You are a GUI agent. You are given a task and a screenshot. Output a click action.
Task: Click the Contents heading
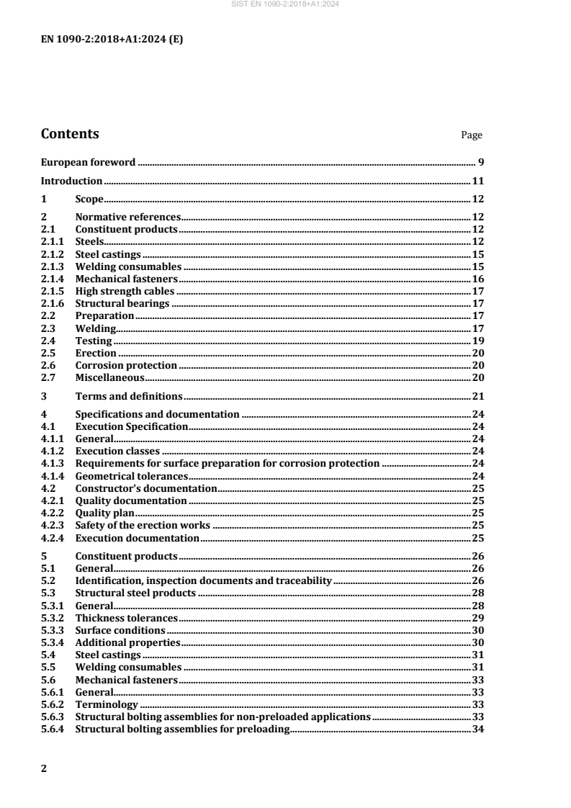[x=70, y=134]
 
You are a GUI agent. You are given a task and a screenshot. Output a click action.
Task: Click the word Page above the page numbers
[x=472, y=135]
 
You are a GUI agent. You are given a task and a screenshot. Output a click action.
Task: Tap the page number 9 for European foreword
[x=480, y=162]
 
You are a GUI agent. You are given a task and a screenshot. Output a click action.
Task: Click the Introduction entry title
[x=71, y=181]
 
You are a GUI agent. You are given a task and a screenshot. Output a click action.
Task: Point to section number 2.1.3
[x=53, y=266]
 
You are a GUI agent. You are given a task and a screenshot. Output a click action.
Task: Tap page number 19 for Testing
[x=477, y=340]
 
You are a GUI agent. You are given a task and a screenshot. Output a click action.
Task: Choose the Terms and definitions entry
[x=129, y=396]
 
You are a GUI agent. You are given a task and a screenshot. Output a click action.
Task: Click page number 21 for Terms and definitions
[x=477, y=396]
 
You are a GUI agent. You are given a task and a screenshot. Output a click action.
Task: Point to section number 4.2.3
[x=53, y=525]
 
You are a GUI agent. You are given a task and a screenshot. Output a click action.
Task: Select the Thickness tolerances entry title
[x=126, y=617]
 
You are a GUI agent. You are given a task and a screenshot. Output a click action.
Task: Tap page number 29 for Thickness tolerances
[x=477, y=617]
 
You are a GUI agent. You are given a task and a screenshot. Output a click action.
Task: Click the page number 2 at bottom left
[x=44, y=769]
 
